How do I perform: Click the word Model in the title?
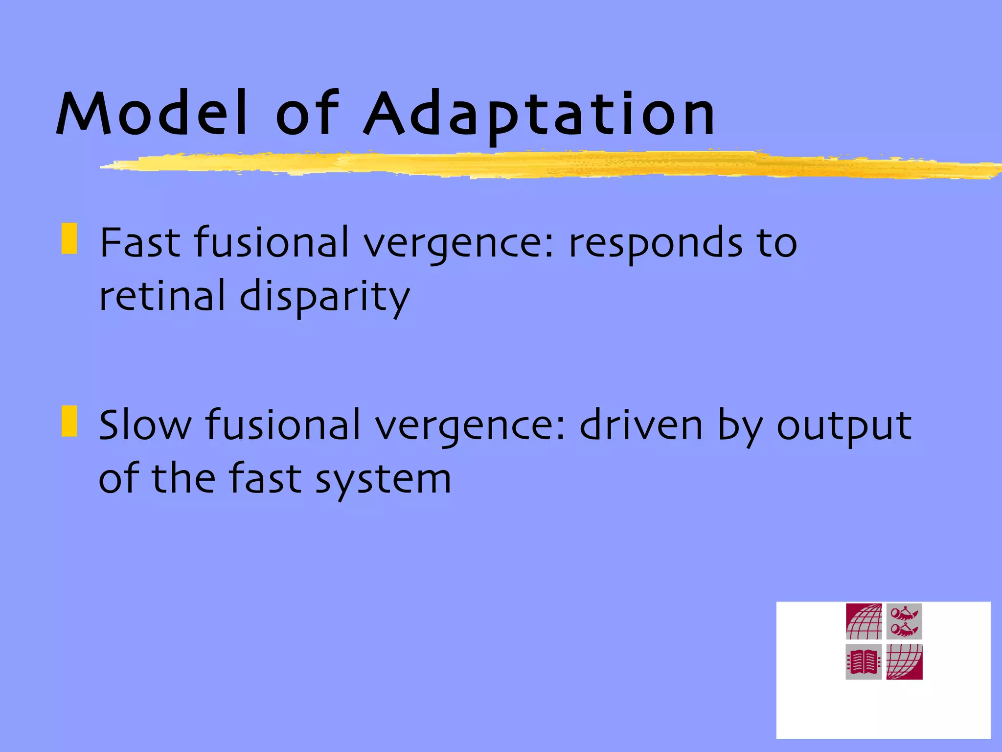[152, 114]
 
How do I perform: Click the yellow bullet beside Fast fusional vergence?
[69, 239]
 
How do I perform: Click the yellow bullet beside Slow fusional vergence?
[69, 421]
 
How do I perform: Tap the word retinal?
[162, 296]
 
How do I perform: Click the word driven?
[641, 425]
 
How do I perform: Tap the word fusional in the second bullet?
[283, 425]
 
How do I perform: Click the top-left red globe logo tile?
[864, 621]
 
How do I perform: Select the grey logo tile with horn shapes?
[904, 621]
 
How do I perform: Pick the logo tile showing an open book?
[864, 662]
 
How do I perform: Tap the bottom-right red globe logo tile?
[904, 662]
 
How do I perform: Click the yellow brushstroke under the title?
[538, 164]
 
